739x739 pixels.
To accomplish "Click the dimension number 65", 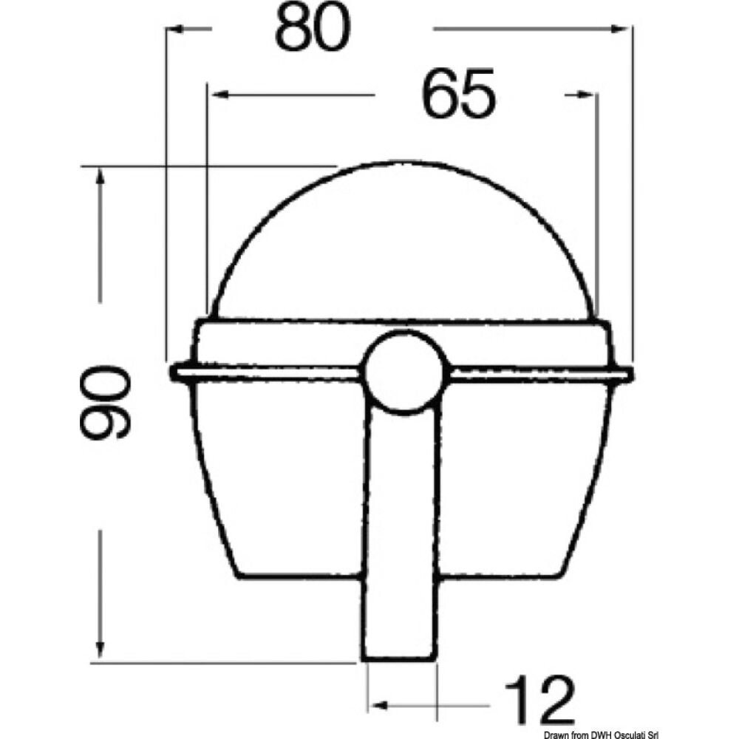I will tap(457, 95).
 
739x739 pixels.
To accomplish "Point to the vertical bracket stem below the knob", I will tap(400, 517).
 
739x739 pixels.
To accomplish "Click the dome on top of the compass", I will tap(405, 244).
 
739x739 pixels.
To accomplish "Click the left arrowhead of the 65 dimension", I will tap(216, 95).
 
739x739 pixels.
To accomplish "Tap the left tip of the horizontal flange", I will tap(173, 373).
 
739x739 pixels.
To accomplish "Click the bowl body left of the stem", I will tap(281, 480).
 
